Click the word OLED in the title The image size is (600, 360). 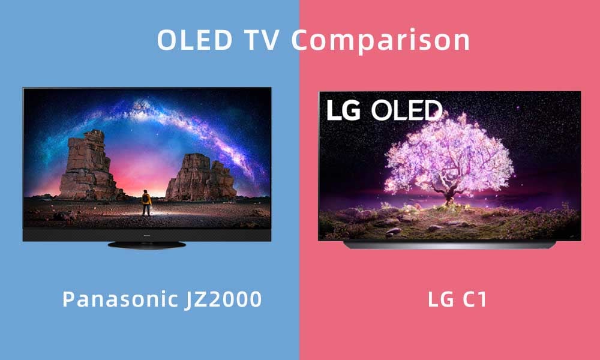click(195, 40)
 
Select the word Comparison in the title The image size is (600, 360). click(381, 41)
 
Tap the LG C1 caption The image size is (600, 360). click(457, 299)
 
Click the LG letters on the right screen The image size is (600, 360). click(343, 110)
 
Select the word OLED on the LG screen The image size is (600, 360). click(406, 110)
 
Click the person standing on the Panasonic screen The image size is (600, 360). click(146, 203)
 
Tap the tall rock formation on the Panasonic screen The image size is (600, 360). click(89, 166)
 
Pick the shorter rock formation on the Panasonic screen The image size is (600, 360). click(202, 178)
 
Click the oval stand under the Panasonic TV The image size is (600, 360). click(147, 245)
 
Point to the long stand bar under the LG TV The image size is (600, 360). click(449, 245)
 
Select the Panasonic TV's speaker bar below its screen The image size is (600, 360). click(147, 235)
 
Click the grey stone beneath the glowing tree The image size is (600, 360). click(393, 230)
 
